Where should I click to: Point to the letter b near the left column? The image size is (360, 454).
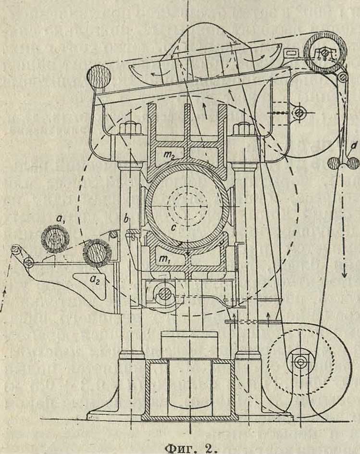point(126,220)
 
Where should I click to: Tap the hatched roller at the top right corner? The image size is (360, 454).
point(324,50)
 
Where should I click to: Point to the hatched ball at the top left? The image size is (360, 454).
point(99,76)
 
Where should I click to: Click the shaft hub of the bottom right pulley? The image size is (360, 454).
point(300,361)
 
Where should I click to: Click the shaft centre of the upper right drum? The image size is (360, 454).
point(299,113)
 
